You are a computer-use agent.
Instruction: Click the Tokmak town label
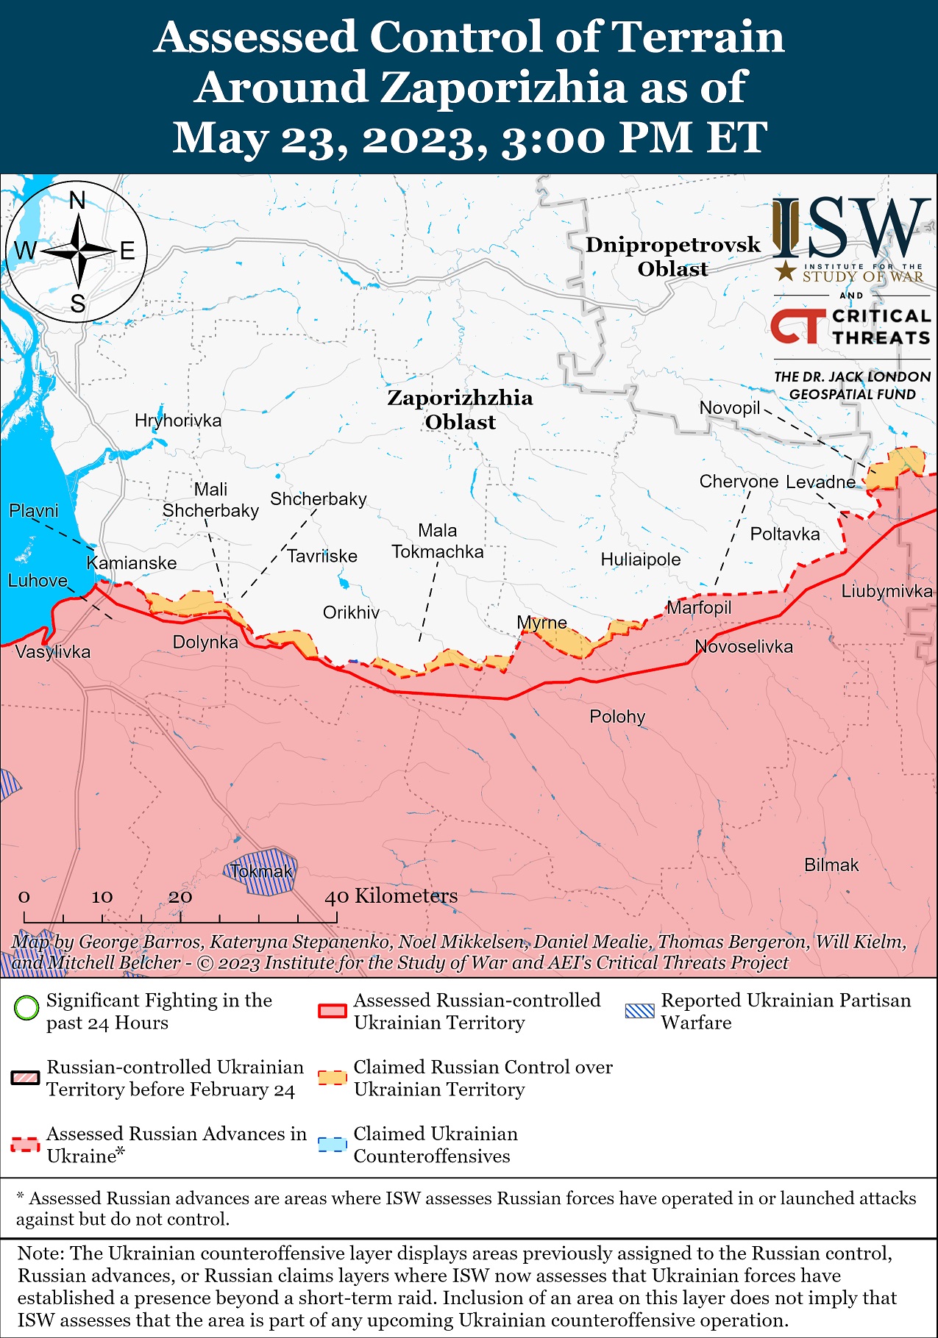pyautogui.click(x=261, y=872)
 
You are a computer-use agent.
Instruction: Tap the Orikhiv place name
pyautogui.click(x=351, y=612)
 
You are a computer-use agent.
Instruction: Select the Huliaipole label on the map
pyautogui.click(x=640, y=559)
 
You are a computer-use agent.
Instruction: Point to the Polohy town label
pyautogui.click(x=617, y=716)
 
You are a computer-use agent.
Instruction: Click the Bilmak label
pyautogui.click(x=831, y=865)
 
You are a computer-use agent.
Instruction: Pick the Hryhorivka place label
pyautogui.click(x=178, y=421)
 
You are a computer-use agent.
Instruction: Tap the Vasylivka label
pyautogui.click(x=53, y=651)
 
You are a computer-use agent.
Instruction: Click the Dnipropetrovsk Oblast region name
pyautogui.click(x=672, y=257)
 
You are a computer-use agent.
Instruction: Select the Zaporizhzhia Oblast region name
pyautogui.click(x=460, y=409)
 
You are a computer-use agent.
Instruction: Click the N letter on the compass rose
pyautogui.click(x=77, y=200)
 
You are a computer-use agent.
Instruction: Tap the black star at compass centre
pyautogui.click(x=77, y=251)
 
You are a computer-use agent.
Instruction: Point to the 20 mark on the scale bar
pyautogui.click(x=180, y=897)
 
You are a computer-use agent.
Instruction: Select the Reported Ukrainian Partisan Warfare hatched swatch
pyautogui.click(x=639, y=1010)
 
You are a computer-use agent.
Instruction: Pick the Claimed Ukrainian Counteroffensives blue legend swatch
pyautogui.click(x=332, y=1145)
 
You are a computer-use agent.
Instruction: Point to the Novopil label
pyautogui.click(x=729, y=408)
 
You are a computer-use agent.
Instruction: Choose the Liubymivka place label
pyautogui.click(x=887, y=591)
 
